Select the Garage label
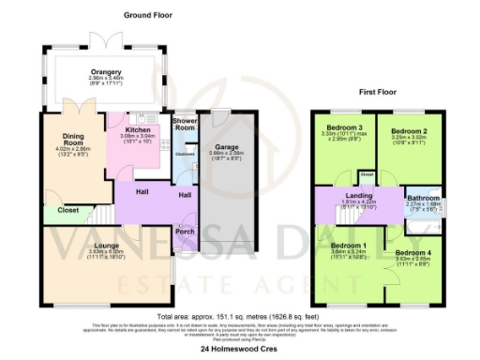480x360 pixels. pos(227,147)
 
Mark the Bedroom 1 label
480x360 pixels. pos(349,246)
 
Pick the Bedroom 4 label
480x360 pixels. pos(412,254)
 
